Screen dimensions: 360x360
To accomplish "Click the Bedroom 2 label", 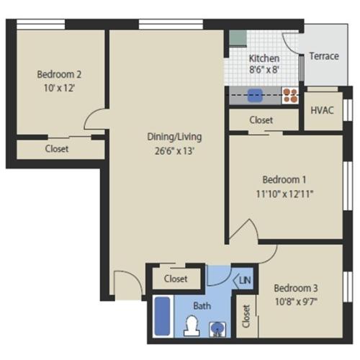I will tap(59, 73).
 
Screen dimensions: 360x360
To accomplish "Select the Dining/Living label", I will tap(174, 137).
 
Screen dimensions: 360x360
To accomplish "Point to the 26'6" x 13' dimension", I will tap(174, 151).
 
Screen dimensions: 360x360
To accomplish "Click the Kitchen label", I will tap(264, 58).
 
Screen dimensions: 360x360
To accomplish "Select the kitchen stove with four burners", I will tap(290, 95).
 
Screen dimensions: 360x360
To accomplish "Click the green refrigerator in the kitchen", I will tap(237, 37).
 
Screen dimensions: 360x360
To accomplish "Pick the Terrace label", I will tap(323, 56).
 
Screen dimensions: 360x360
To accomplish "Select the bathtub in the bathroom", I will tap(163, 317).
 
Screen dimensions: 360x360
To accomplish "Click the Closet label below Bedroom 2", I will tap(57, 149).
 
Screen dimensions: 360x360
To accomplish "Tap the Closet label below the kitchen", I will tap(261, 120).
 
